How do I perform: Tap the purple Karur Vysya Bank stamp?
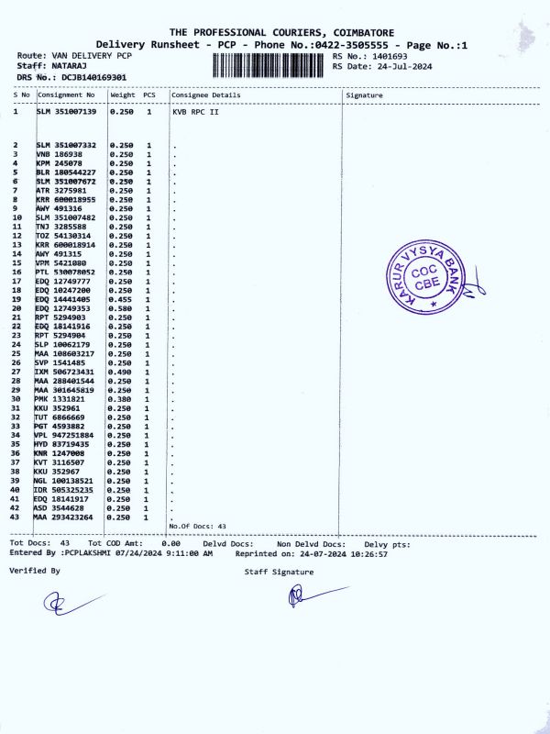click(x=424, y=280)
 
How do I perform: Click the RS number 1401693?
click(x=382, y=56)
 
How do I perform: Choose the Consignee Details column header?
click(x=206, y=95)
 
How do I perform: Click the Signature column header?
click(x=365, y=95)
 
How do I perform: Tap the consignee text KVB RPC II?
click(x=194, y=112)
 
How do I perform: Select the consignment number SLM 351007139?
click(x=66, y=112)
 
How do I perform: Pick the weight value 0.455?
click(x=121, y=300)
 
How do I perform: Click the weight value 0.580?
click(x=121, y=309)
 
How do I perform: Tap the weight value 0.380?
click(x=121, y=399)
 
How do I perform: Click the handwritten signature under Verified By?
click(x=69, y=603)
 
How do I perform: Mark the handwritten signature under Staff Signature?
click(x=306, y=596)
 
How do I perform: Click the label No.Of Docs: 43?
click(x=198, y=526)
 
